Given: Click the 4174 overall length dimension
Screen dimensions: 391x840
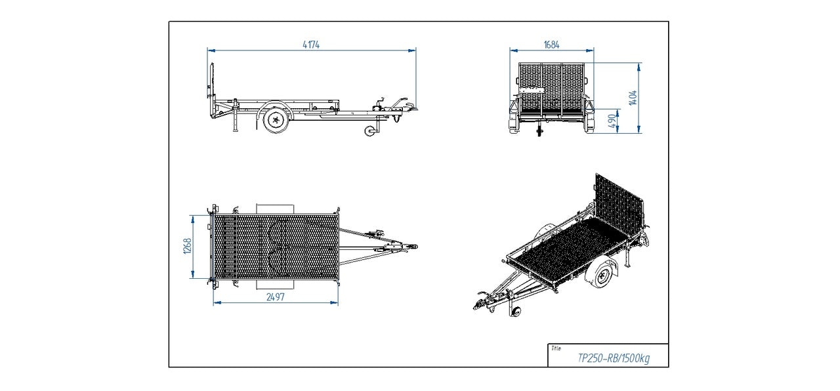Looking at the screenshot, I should [311, 45].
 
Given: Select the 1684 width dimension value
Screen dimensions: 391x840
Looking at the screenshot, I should [551, 45].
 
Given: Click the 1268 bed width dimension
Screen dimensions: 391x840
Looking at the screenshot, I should [187, 247].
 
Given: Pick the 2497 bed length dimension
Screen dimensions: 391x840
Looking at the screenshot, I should [275, 297].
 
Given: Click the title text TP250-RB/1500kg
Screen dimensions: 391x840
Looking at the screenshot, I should [613, 358].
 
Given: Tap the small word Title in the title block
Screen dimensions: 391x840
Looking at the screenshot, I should [556, 349].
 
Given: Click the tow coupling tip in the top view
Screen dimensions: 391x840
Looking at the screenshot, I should [413, 247].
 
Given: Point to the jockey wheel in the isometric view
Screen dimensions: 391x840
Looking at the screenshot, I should [516, 312].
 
